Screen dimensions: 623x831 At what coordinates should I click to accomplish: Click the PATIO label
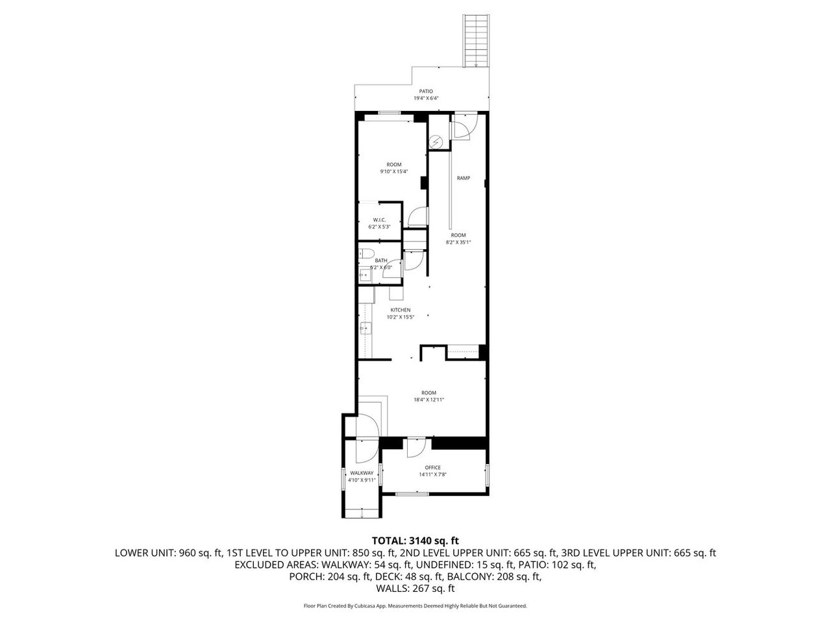click(426, 92)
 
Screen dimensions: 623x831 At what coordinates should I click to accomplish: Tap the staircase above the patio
click(475, 41)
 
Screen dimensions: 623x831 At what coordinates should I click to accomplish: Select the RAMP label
click(463, 178)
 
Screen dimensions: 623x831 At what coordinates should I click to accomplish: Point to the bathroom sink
click(365, 275)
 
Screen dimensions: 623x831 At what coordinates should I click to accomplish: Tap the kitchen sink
click(365, 328)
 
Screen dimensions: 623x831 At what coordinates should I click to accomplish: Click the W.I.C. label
click(380, 220)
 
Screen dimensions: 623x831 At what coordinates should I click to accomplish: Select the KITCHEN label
click(400, 310)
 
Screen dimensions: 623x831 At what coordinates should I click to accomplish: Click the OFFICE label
click(432, 467)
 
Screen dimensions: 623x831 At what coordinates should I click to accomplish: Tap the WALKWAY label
click(362, 473)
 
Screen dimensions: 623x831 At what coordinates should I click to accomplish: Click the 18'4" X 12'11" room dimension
click(428, 400)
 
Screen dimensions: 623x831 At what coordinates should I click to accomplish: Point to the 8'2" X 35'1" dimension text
click(458, 242)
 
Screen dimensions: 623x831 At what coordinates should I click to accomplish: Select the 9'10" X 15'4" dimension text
click(394, 171)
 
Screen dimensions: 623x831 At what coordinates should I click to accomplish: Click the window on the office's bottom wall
click(412, 495)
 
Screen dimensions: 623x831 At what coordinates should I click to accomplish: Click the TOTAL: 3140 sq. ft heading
click(415, 540)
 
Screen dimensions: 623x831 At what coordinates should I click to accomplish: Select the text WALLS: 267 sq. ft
click(415, 589)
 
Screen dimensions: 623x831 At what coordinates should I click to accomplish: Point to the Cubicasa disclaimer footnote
click(415, 605)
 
